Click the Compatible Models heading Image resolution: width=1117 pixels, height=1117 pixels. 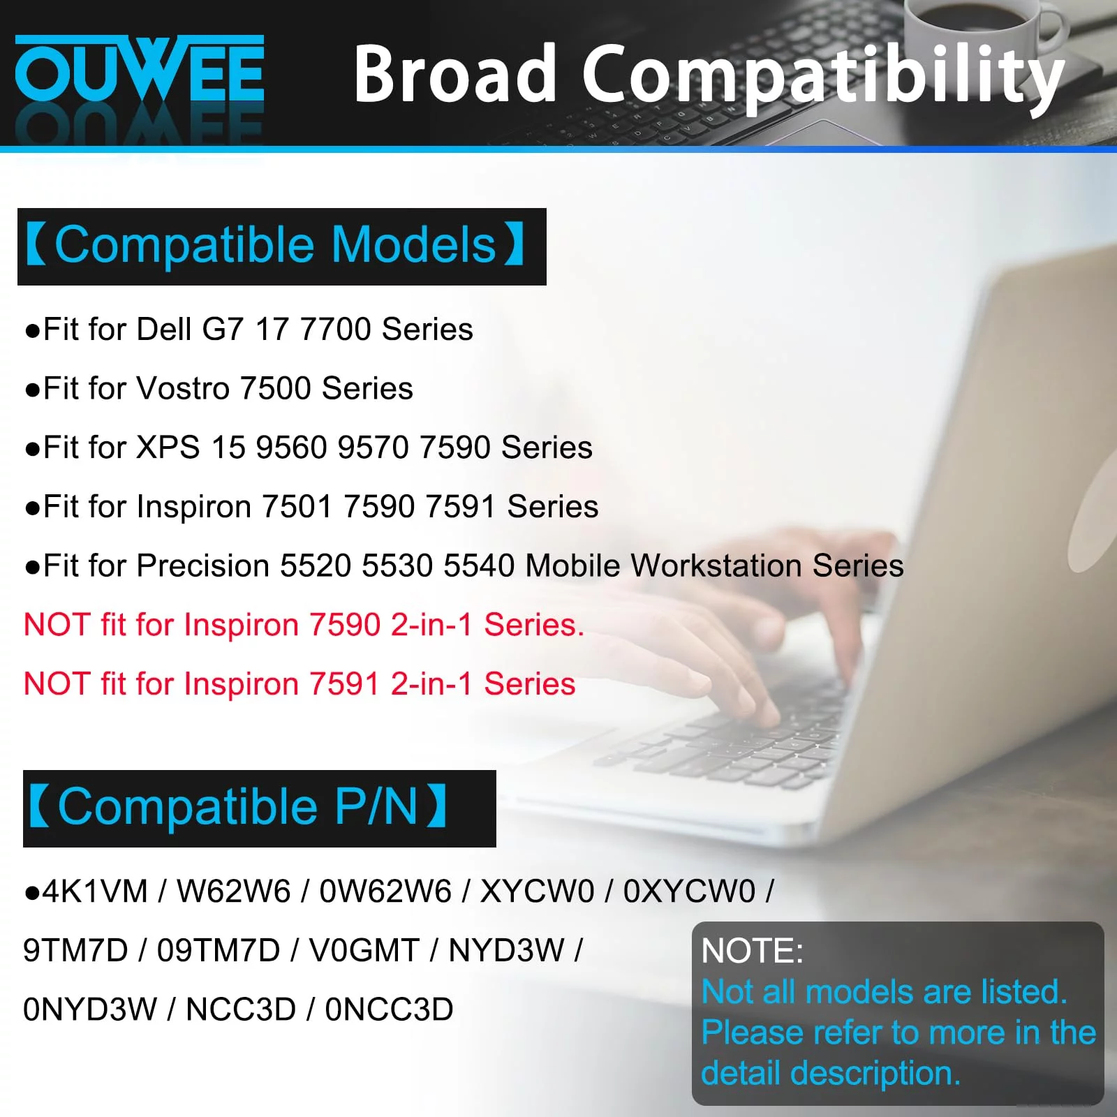(x=275, y=245)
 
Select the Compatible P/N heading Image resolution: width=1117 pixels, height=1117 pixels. (x=238, y=807)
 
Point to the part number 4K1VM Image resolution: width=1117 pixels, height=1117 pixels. (x=95, y=892)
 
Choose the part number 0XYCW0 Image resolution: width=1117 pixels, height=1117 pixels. (x=689, y=892)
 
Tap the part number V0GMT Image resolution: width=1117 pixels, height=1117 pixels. (x=364, y=950)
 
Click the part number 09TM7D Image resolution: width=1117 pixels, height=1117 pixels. (x=219, y=950)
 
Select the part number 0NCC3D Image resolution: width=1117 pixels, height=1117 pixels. (x=389, y=1009)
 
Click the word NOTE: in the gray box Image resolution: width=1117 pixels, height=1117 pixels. (x=752, y=951)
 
